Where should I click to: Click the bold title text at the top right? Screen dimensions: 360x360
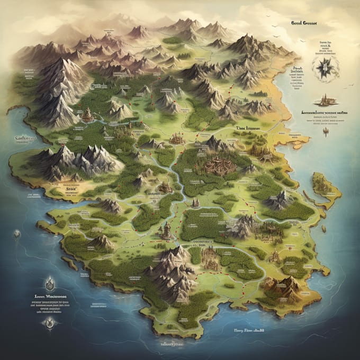(303, 23)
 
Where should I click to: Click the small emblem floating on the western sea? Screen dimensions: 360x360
(17, 234)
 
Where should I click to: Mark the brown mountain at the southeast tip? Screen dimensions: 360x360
(281, 286)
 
